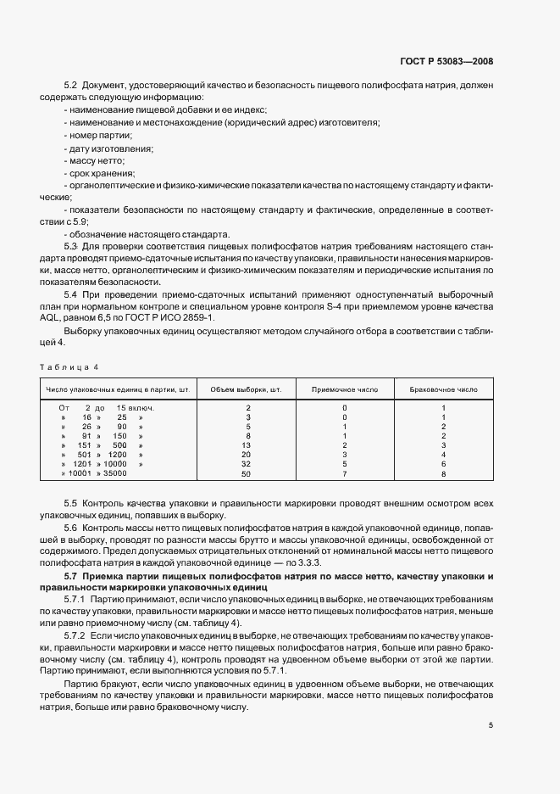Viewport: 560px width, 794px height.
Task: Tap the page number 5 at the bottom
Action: tap(491, 725)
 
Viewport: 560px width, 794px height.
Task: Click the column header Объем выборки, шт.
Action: tap(246, 389)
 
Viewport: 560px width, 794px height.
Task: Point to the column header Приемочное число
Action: tap(345, 389)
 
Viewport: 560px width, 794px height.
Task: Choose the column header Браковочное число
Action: tap(443, 389)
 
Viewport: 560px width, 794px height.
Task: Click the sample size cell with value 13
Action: tap(247, 445)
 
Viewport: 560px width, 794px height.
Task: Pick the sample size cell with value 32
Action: tap(247, 464)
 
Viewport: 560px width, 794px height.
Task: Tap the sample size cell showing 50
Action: tap(247, 473)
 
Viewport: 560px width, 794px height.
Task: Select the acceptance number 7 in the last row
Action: tap(345, 473)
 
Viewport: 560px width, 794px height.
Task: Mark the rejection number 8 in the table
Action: tap(443, 473)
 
